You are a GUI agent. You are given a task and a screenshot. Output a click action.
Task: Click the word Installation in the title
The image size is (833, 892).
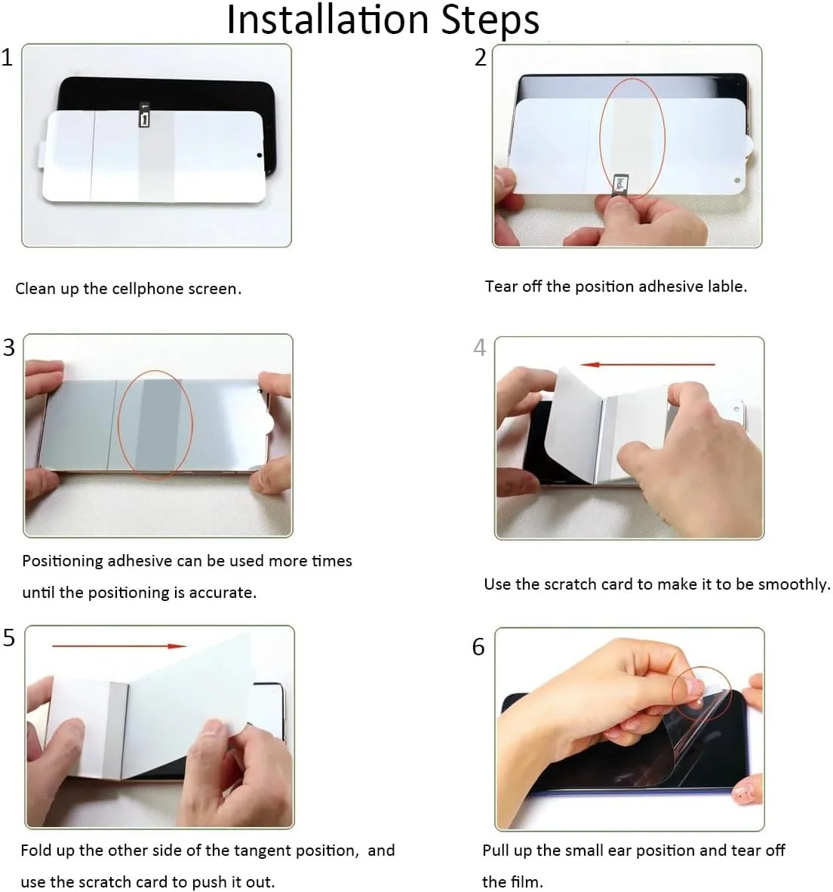327,20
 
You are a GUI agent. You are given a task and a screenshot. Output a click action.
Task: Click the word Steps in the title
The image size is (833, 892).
490,20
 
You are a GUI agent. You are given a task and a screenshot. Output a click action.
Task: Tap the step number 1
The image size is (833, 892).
7,57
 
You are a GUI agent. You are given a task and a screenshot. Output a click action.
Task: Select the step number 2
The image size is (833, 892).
481,57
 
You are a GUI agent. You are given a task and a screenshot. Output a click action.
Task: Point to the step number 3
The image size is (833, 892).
8,347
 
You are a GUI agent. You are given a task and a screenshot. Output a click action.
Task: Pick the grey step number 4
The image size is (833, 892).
479,347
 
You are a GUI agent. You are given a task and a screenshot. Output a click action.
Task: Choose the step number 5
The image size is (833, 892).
8,638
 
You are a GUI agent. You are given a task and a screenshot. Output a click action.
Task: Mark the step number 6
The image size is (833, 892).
478,647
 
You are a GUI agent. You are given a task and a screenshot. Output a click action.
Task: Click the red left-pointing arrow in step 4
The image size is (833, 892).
647,364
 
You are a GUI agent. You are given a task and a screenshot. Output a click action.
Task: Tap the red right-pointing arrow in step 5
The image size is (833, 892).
119,645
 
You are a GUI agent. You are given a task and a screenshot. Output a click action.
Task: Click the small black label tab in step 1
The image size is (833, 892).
145,115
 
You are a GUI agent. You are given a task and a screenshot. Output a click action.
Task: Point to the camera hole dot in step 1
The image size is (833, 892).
259,155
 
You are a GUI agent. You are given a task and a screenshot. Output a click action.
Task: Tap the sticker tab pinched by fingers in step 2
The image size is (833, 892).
619,184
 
